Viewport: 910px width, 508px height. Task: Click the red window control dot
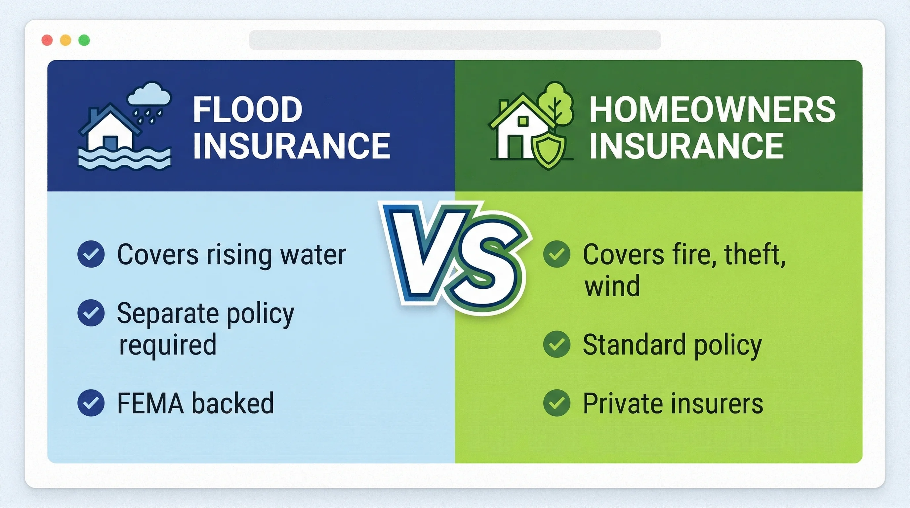(x=47, y=40)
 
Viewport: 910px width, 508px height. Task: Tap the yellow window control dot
(x=66, y=40)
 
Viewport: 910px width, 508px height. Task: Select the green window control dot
(x=84, y=40)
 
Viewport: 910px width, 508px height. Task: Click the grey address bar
(x=455, y=40)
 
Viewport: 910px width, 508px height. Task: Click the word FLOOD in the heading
(x=248, y=109)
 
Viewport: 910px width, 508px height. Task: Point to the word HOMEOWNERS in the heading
(x=712, y=109)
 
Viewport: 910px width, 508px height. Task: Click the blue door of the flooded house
(x=111, y=143)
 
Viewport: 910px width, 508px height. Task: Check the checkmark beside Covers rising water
(x=91, y=254)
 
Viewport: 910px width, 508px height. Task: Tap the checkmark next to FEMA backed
(x=91, y=403)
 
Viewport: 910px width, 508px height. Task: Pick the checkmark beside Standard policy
(x=557, y=344)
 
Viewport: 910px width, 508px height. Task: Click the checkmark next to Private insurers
(x=557, y=403)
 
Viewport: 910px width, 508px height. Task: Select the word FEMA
(x=150, y=403)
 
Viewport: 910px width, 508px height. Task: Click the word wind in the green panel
(x=612, y=286)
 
